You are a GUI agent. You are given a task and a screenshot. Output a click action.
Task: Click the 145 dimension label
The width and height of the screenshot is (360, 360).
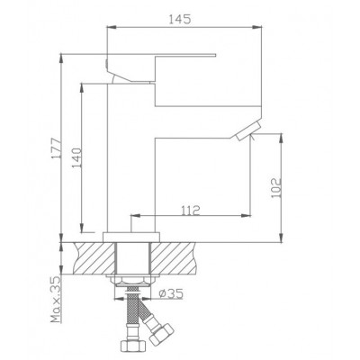(180, 20)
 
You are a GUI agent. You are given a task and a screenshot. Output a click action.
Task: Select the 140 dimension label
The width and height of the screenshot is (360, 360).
(76, 157)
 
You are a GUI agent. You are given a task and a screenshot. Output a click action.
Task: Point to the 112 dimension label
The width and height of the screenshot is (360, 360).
(191, 211)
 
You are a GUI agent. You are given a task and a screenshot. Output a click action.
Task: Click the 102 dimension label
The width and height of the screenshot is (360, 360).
(275, 188)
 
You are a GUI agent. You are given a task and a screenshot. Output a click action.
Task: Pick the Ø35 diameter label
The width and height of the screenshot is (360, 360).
(171, 293)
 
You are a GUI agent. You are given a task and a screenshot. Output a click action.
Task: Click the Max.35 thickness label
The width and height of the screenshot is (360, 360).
(56, 300)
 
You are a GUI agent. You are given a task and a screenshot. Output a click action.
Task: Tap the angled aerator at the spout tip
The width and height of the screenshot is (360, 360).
(248, 131)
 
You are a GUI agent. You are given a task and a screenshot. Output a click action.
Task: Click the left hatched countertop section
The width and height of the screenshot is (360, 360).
(94, 258)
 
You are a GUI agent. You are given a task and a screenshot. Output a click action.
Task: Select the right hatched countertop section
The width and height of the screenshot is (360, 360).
(173, 258)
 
